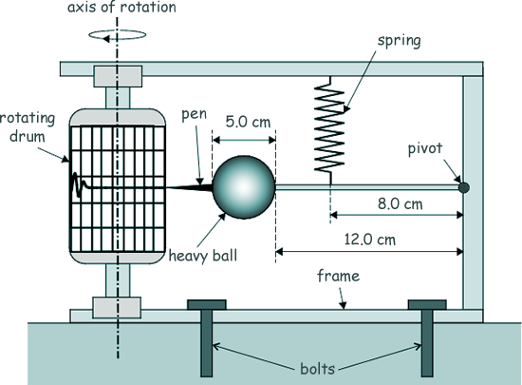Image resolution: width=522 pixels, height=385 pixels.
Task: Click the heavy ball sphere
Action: [x=244, y=187]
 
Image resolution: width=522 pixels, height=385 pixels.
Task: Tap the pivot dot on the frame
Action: [x=464, y=187]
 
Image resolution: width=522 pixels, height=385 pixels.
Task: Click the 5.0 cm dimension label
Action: [x=248, y=122]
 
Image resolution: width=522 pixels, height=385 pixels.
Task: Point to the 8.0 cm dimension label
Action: [x=401, y=204]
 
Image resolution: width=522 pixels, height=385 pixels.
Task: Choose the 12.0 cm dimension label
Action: [x=370, y=240]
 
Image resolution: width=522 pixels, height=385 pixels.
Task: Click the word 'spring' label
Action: [x=400, y=41]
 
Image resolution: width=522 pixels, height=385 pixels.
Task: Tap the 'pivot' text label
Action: [x=425, y=148]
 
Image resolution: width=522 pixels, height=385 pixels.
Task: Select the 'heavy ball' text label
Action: [x=203, y=257]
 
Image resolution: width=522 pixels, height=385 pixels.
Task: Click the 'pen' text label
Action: [x=194, y=115]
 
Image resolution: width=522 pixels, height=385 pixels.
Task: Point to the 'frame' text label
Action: [x=338, y=276]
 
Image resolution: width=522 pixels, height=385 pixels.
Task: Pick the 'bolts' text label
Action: [x=317, y=369]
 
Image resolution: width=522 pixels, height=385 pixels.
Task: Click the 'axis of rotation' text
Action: [x=121, y=7]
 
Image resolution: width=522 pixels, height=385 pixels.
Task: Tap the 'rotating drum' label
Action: [x=28, y=127]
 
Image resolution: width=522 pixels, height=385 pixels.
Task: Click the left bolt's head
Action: [x=207, y=304]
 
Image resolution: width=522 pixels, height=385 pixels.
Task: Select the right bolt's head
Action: [x=427, y=304]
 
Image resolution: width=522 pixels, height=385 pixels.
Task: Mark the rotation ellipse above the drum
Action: [x=117, y=39]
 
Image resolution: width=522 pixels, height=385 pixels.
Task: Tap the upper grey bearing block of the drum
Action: [x=118, y=76]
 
